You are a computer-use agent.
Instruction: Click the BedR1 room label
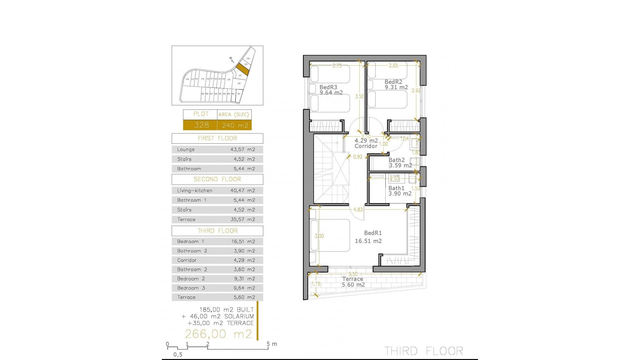click(373, 233)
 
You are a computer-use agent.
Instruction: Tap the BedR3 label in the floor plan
click(328, 87)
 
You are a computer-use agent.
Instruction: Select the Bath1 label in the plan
click(396, 188)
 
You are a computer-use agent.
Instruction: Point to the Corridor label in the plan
click(366, 146)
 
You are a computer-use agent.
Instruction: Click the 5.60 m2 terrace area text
click(353, 285)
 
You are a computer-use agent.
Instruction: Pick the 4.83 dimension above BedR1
click(358, 210)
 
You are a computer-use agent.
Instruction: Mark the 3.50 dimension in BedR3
click(359, 97)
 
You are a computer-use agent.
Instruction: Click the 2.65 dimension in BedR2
click(393, 66)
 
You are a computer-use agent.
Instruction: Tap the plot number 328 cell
click(201, 125)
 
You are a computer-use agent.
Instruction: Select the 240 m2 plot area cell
click(235, 125)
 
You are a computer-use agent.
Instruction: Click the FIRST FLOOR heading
click(217, 138)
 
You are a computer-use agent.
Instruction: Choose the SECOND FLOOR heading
click(217, 179)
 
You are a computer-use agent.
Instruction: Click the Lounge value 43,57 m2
click(243, 150)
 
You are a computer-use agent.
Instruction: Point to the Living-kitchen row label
click(195, 191)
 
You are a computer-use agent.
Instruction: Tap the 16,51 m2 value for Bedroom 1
click(243, 242)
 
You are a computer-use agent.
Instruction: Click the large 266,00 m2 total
click(218, 334)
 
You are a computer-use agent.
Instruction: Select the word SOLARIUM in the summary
click(239, 316)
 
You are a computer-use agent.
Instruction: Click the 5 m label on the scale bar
click(272, 344)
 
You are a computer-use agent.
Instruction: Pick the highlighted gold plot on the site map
click(242, 69)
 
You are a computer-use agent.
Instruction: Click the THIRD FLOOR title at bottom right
click(423, 351)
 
